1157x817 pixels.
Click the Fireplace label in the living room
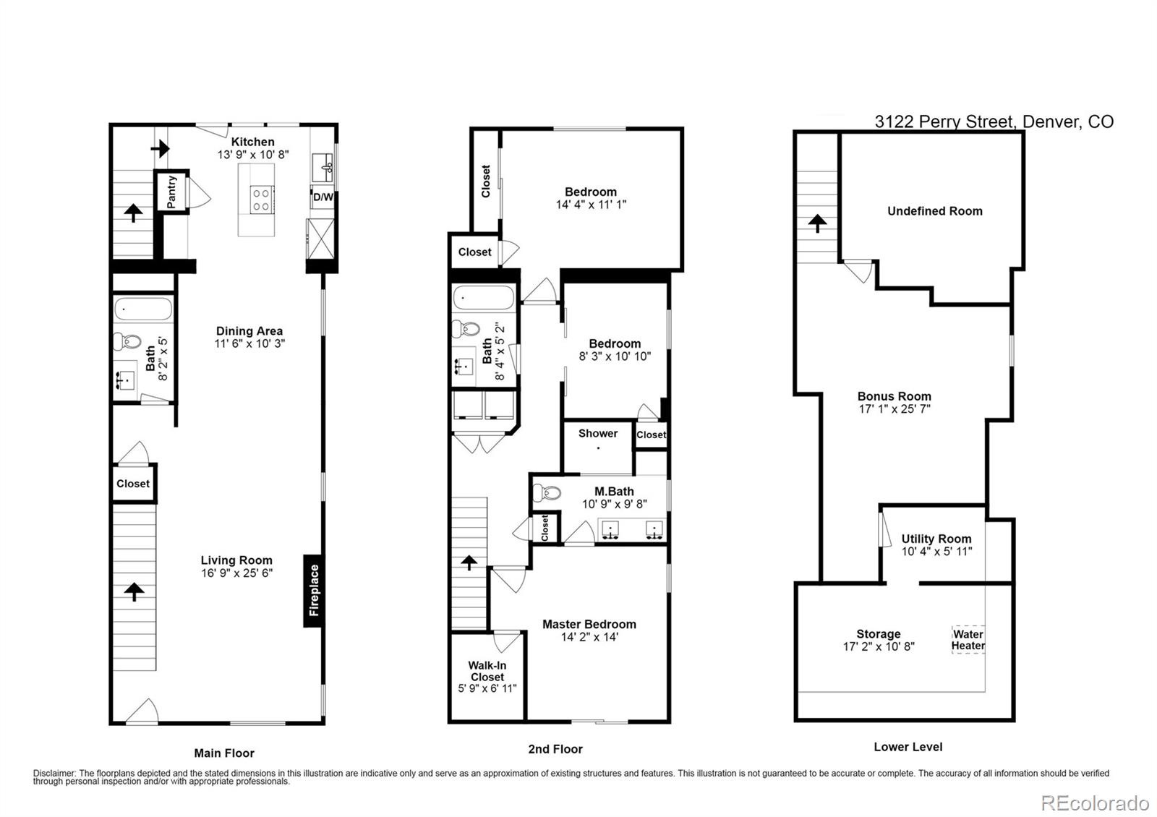pos(314,591)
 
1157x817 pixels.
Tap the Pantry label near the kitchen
pos(172,192)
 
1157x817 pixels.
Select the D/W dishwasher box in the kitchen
pos(323,197)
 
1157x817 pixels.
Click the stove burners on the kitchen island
pos(260,199)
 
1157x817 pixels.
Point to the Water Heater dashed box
pos(968,640)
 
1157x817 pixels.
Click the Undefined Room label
pos(934,211)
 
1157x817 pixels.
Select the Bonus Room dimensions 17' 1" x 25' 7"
pos(894,408)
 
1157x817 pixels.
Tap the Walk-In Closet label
pos(487,671)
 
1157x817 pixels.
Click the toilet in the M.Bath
pos(547,493)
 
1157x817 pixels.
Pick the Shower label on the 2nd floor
pos(598,433)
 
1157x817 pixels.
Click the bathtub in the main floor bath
pos(143,309)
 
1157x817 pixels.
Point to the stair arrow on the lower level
pos(817,223)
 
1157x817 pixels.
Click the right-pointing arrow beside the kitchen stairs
pos(161,149)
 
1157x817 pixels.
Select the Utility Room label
pos(936,539)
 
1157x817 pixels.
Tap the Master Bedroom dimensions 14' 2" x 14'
pos(589,637)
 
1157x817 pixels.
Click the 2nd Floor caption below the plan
pos(555,749)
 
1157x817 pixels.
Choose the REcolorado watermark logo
pos(1094,803)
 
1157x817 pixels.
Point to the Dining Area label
pos(249,331)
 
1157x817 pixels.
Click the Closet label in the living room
pos(133,484)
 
